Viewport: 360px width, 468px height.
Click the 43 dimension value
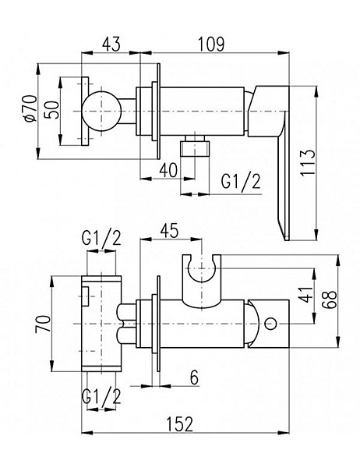111,44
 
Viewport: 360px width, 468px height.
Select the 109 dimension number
211,44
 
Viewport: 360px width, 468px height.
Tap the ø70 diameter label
30,108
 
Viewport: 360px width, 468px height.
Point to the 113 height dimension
308,163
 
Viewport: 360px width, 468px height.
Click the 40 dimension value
168,170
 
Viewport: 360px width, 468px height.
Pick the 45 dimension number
169,230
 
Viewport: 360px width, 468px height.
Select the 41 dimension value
306,294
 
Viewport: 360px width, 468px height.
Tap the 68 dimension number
330,300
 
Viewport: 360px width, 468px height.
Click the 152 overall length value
180,424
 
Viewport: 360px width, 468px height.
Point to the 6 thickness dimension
194,378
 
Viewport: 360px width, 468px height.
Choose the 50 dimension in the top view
52,110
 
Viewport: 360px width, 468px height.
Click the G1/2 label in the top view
241,182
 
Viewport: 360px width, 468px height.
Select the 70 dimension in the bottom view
43,324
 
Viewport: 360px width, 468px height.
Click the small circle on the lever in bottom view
271,324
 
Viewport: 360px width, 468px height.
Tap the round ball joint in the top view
102,111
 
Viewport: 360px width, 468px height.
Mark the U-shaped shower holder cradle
202,280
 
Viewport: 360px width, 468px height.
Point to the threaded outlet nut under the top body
196,146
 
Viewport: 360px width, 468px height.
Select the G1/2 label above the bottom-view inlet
102,238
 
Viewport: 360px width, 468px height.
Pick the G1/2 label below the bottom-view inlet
102,396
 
